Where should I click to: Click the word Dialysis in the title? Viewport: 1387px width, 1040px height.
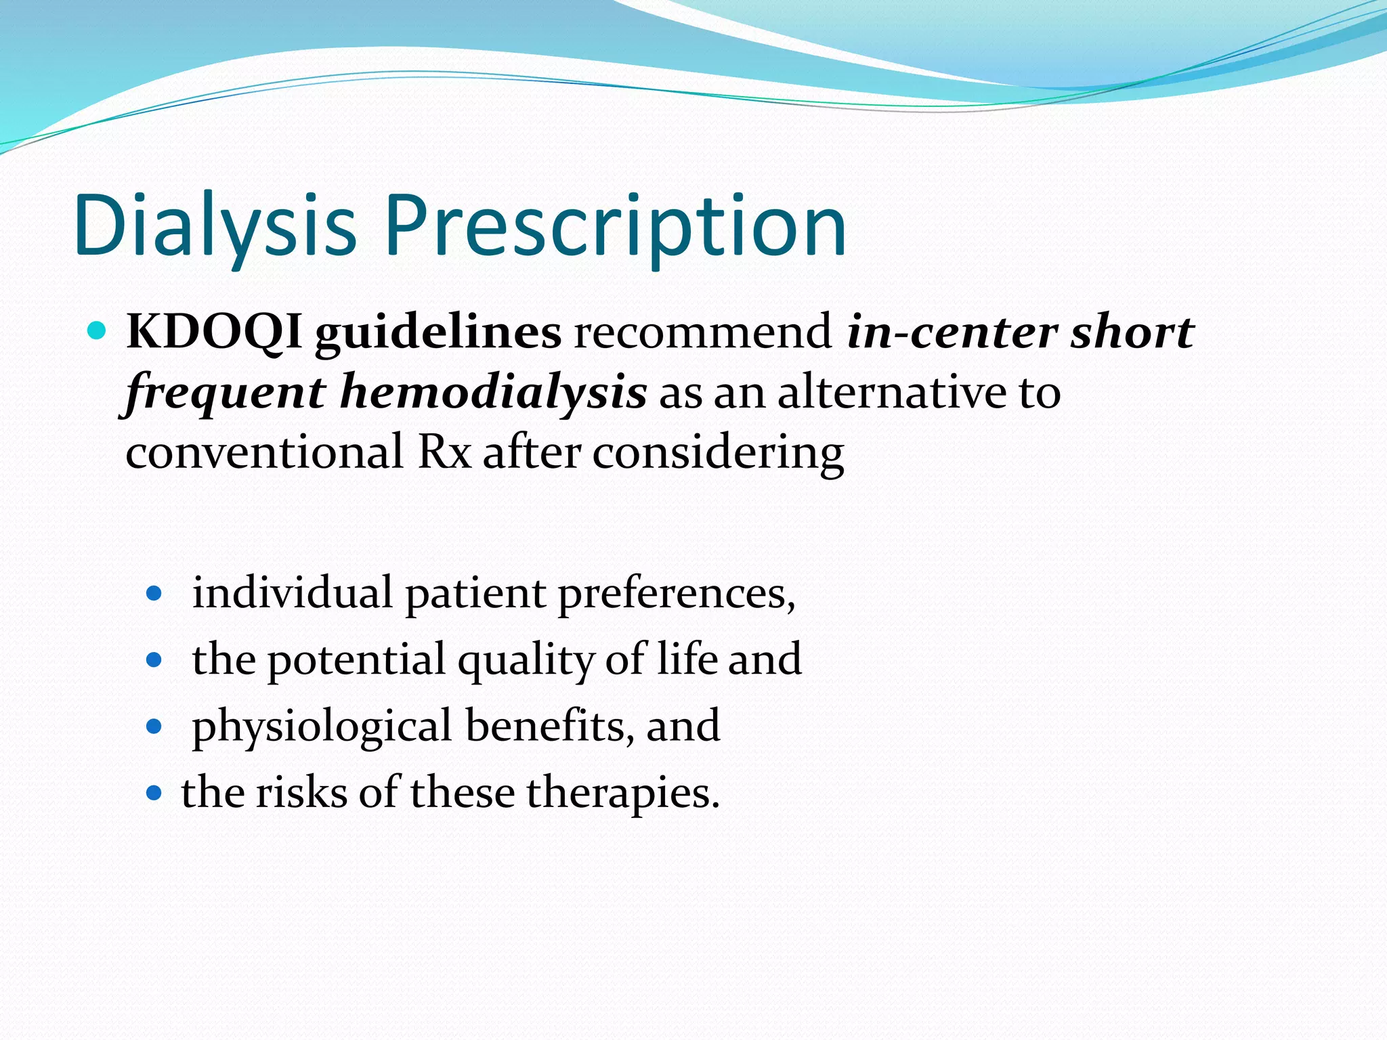tap(215, 225)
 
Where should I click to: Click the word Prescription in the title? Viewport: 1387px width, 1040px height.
tap(616, 225)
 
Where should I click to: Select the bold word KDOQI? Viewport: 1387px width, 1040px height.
tap(214, 332)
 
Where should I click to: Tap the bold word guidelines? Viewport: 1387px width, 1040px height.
tap(438, 332)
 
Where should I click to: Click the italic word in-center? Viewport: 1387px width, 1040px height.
tap(952, 332)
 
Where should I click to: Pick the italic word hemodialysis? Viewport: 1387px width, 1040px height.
tap(493, 393)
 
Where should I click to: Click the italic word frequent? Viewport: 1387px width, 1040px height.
tap(226, 393)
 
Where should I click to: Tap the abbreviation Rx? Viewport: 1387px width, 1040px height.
tap(444, 452)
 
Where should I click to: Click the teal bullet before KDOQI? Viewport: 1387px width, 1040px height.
tap(98, 331)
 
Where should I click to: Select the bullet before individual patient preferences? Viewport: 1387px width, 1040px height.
tap(154, 594)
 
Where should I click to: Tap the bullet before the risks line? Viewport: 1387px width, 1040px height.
tap(154, 793)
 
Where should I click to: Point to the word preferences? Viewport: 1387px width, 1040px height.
tap(676, 594)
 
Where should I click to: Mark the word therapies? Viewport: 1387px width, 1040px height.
tap(622, 793)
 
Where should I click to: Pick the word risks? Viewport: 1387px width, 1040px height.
tap(301, 793)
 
